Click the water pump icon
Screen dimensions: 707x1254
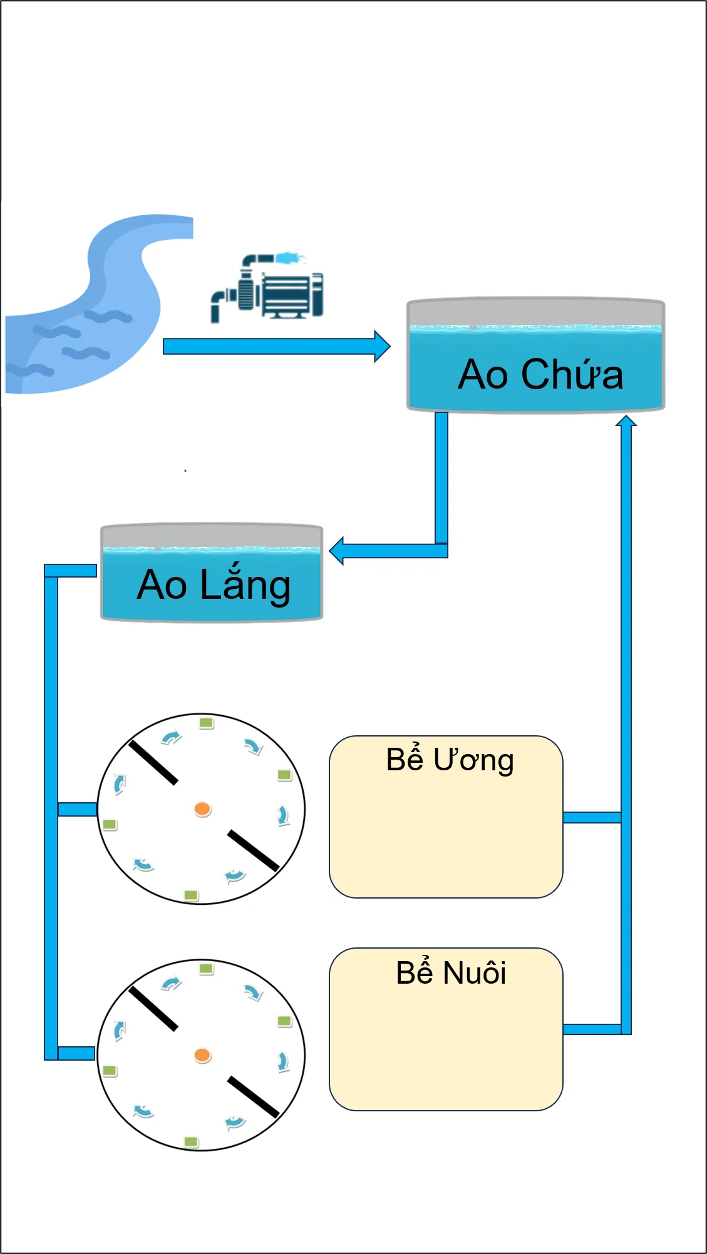click(x=267, y=287)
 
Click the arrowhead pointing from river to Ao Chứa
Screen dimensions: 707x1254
click(x=382, y=346)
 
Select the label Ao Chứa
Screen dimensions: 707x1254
click(x=540, y=374)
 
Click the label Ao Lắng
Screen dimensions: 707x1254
click(x=214, y=585)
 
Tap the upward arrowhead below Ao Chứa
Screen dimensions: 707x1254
click(x=626, y=421)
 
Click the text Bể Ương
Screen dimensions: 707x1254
click(x=450, y=760)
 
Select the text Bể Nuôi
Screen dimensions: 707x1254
click(x=451, y=973)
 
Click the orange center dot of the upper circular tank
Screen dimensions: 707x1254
click(x=202, y=809)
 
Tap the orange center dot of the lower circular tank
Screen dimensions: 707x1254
click(x=202, y=1056)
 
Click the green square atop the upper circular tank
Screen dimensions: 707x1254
click(x=207, y=723)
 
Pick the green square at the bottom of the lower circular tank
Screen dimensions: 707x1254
click(x=191, y=1142)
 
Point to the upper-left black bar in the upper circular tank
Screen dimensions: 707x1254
click(x=153, y=762)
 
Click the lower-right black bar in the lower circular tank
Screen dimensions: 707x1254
click(x=253, y=1096)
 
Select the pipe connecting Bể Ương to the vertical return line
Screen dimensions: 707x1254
click(x=592, y=817)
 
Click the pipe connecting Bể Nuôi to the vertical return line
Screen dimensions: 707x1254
click(x=592, y=1029)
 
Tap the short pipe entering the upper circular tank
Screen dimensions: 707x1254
click(x=77, y=809)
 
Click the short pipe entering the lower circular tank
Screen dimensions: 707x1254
click(x=76, y=1053)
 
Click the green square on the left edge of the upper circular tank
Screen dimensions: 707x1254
click(x=110, y=825)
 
